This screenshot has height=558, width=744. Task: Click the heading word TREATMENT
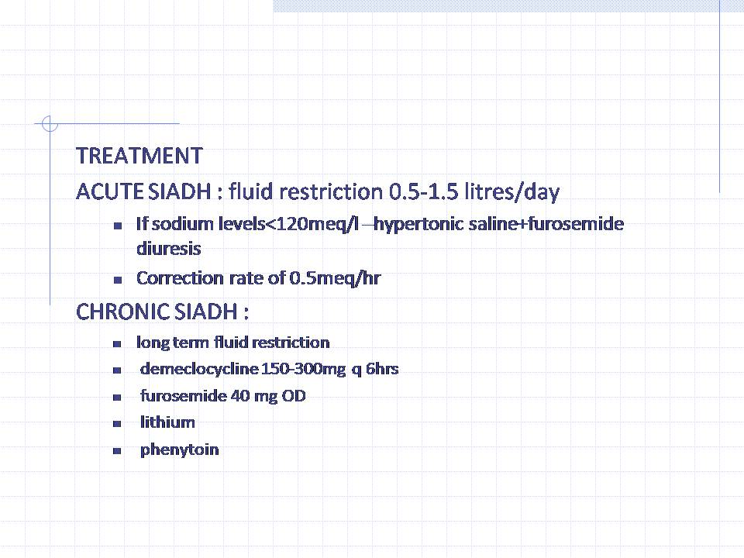pyautogui.click(x=139, y=156)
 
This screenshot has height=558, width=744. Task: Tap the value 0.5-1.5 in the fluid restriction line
pyautogui.click(x=424, y=191)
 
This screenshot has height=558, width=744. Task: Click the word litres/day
pyautogui.click(x=512, y=191)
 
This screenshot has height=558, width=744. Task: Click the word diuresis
pyautogui.click(x=168, y=249)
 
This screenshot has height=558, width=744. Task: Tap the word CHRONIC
pyautogui.click(x=122, y=312)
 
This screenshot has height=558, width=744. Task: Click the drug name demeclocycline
pyautogui.click(x=199, y=369)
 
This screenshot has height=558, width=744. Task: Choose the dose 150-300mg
pyautogui.click(x=304, y=369)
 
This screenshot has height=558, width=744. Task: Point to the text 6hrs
pyautogui.click(x=382, y=369)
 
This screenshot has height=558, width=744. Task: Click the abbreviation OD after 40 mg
pyautogui.click(x=294, y=396)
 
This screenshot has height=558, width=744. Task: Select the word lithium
pyautogui.click(x=167, y=422)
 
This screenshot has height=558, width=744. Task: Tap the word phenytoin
pyautogui.click(x=179, y=449)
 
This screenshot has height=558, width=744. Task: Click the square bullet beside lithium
pyautogui.click(x=117, y=424)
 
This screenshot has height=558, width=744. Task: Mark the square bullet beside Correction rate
pyautogui.click(x=118, y=280)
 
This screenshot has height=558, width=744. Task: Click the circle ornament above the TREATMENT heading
pyautogui.click(x=50, y=124)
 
